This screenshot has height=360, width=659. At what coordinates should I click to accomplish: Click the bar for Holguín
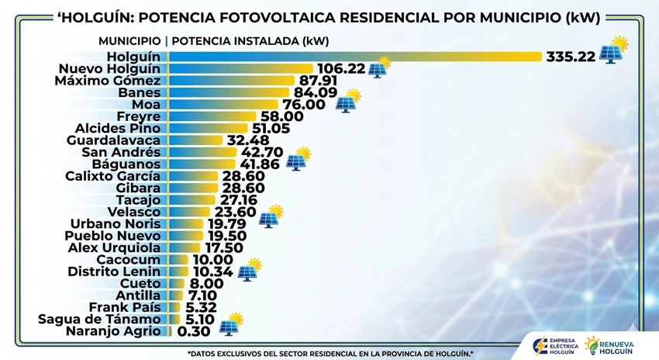pyautogui.click(x=353, y=56)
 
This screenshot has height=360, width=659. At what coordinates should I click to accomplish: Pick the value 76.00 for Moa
pyautogui.click(x=304, y=105)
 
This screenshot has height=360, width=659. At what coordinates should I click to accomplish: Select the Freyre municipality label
pyautogui.click(x=138, y=116)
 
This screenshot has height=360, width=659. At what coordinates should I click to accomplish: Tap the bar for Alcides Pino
pyautogui.click(x=206, y=128)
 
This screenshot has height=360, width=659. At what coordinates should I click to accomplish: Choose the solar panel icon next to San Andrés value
pyautogui.click(x=297, y=159)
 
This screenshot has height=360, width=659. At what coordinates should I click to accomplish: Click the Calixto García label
pyautogui.click(x=112, y=176)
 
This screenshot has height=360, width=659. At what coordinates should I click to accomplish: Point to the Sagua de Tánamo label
pyautogui.click(x=99, y=319)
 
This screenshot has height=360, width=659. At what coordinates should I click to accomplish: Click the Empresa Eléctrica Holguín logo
pyautogui.click(x=552, y=344)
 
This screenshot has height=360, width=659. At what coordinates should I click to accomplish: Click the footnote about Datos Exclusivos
pyautogui.click(x=330, y=354)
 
